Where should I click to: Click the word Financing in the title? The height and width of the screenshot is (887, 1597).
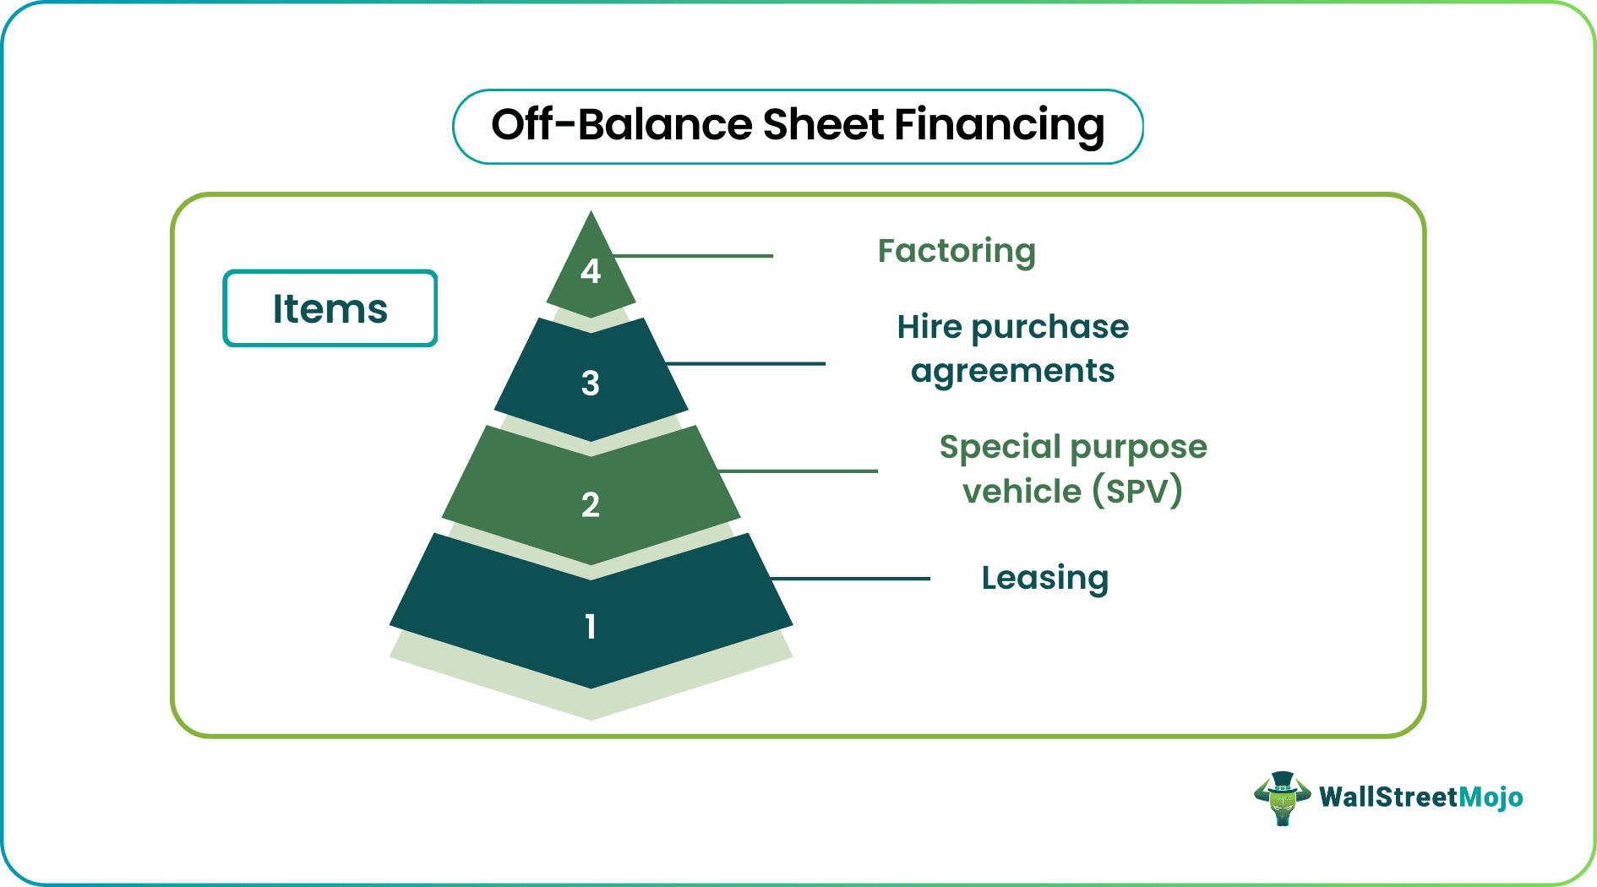pos(999,126)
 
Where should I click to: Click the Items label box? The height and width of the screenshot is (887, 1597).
pos(330,308)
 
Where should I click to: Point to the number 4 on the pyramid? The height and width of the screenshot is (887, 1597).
pos(591,271)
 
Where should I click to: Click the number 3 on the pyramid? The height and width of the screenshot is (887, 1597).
pos(591,384)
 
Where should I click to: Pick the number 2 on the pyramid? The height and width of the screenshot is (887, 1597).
pos(591,505)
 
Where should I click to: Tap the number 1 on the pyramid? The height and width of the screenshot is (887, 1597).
pos(591,627)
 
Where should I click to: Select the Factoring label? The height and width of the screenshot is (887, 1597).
pos(957,252)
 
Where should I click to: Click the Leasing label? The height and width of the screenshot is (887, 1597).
pos(1045,579)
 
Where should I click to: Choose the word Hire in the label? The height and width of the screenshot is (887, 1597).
pos(929,326)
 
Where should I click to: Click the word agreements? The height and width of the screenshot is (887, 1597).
pos(1013,372)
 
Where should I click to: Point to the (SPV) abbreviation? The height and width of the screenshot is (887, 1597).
pos(1137,491)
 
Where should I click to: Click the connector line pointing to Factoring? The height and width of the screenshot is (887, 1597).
pos(692,256)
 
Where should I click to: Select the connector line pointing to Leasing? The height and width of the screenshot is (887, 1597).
pos(850,579)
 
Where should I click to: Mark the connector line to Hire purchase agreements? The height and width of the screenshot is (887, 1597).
pos(745,364)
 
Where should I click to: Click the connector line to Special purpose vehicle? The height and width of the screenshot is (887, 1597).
pos(798,471)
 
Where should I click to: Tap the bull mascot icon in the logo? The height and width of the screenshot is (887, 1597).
pos(1282,798)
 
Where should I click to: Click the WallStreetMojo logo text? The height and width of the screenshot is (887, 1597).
pos(1421,797)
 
